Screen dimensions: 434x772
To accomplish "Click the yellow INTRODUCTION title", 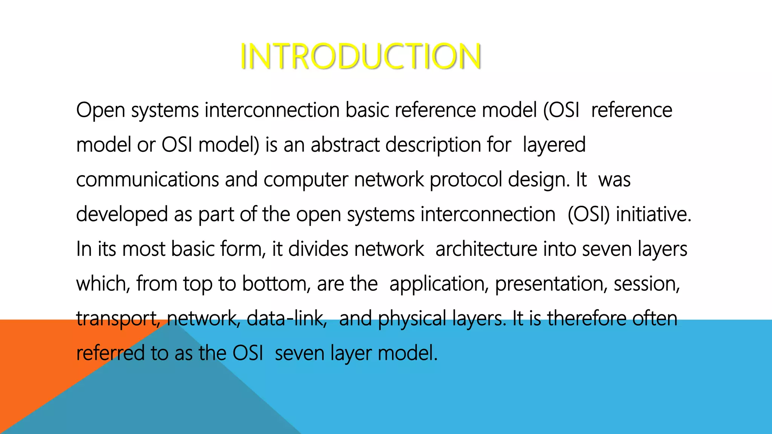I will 360,57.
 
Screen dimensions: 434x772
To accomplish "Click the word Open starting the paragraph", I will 100,110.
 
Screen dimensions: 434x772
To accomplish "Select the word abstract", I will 345,145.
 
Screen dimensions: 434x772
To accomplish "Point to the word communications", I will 147,180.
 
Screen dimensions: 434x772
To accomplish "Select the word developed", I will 122,215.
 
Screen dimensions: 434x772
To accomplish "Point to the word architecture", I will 486,249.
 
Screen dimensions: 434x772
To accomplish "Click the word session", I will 646,284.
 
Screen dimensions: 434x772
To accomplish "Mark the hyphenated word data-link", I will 286,318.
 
